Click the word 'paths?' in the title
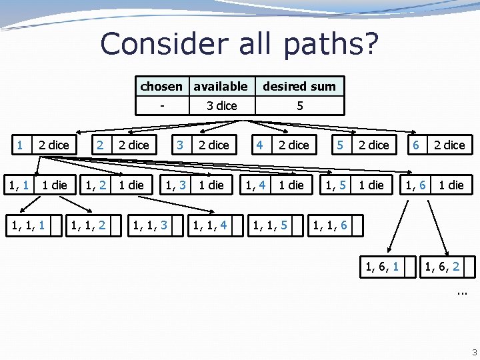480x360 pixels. tap(331, 43)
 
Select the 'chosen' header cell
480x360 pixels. tap(161, 86)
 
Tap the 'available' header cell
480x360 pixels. tap(220, 86)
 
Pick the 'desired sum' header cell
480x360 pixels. tap(299, 86)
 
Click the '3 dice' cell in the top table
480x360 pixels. tap(221, 105)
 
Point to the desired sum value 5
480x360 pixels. tap(300, 105)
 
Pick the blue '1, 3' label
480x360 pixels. tap(175, 185)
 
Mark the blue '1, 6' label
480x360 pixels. tap(417, 185)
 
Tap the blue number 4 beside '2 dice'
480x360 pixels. tap(260, 145)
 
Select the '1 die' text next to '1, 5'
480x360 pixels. tap(371, 185)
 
